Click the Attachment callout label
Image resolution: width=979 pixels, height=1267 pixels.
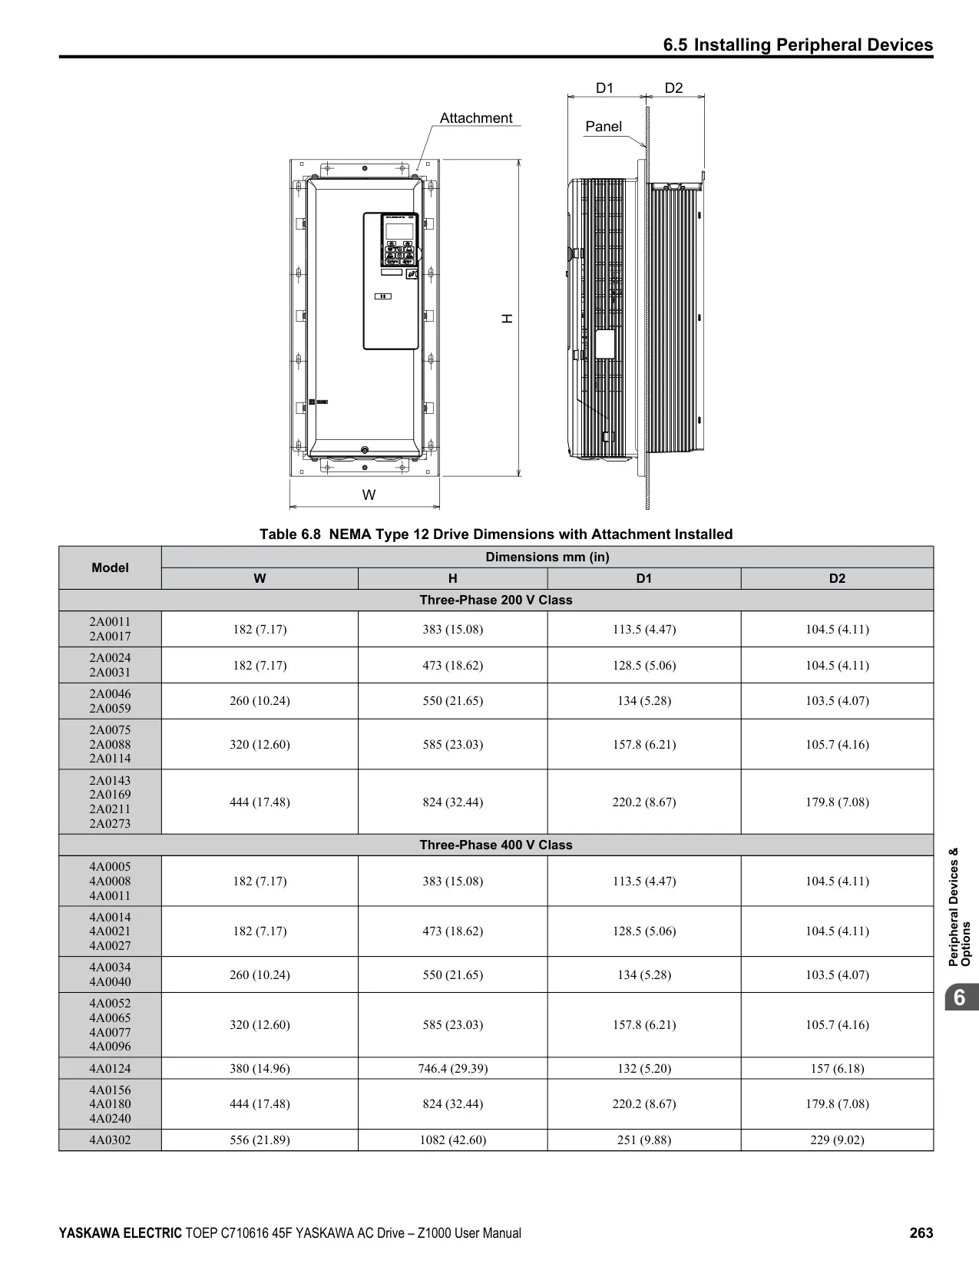click(476, 118)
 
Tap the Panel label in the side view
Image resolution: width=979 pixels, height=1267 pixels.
click(604, 127)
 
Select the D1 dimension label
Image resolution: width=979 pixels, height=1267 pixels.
click(604, 88)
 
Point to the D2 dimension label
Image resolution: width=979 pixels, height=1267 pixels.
click(673, 88)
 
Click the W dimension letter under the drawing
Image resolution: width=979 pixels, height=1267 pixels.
click(369, 495)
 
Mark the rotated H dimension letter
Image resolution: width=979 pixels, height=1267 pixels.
click(508, 319)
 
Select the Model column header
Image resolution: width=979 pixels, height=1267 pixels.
click(110, 567)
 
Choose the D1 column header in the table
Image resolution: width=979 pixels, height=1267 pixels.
click(643, 578)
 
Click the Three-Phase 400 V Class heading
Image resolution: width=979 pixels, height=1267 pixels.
click(495, 845)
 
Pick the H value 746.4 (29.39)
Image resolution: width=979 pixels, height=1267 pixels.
click(452, 1068)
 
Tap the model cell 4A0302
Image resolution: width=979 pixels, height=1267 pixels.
click(110, 1140)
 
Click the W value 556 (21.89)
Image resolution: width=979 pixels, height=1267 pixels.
click(260, 1140)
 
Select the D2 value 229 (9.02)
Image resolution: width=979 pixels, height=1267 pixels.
click(837, 1140)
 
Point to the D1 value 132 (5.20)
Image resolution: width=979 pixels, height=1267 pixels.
click(643, 1068)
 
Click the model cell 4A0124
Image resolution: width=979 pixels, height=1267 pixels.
click(110, 1068)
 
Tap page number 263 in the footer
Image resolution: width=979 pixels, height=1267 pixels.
click(921, 1233)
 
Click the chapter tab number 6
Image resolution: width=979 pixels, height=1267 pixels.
click(959, 997)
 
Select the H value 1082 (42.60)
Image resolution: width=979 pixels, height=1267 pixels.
click(452, 1140)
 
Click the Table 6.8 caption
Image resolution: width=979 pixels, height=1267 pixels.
click(495, 534)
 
